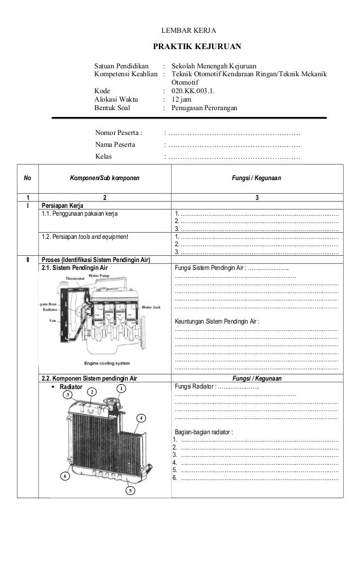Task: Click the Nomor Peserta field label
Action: point(119,133)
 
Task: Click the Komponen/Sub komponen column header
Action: point(104,178)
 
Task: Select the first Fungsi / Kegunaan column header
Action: point(257,178)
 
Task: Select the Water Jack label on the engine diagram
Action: point(152,307)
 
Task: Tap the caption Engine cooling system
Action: point(107,362)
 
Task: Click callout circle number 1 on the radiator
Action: point(121,389)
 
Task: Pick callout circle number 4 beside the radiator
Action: point(141,418)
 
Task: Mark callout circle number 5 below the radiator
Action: point(130,490)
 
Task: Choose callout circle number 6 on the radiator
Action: point(65,477)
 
